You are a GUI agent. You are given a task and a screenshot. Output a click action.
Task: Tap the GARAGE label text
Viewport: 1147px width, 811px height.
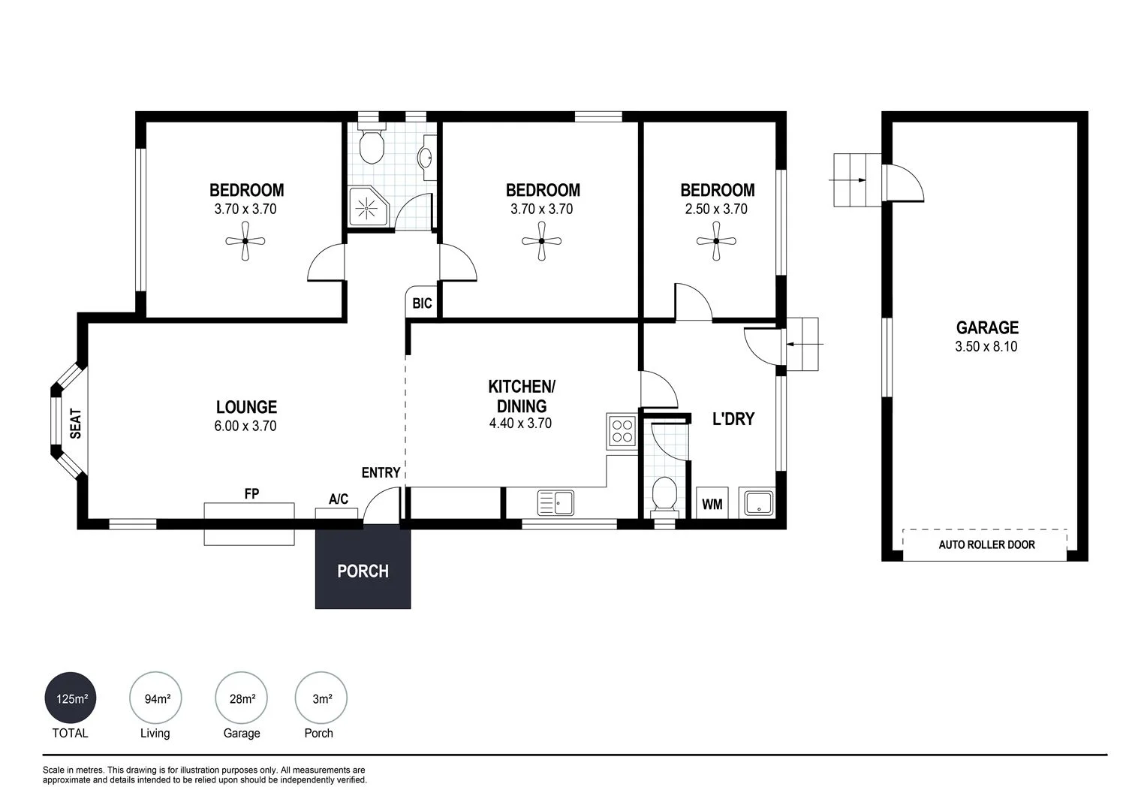[x=986, y=327]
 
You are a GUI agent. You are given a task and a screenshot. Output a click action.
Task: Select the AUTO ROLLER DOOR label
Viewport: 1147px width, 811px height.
[x=986, y=544]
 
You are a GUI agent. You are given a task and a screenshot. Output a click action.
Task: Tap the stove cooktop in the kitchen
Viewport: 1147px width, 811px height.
[x=622, y=431]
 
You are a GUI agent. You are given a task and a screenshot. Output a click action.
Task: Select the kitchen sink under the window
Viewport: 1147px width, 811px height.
[x=555, y=502]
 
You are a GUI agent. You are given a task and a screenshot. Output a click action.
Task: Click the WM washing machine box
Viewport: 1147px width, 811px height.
[x=712, y=504]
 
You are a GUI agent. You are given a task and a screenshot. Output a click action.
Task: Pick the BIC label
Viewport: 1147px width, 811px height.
[x=422, y=303]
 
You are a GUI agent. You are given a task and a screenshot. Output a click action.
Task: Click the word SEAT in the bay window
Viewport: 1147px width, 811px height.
[x=75, y=424]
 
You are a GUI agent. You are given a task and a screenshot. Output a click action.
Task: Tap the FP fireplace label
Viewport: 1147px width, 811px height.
[x=251, y=493]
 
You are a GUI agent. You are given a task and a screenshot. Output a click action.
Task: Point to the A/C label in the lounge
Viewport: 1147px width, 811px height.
[x=338, y=499]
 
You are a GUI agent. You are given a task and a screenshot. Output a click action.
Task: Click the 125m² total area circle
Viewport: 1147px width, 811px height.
[x=71, y=698]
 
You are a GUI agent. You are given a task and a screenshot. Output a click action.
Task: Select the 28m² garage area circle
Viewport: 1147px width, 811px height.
[x=241, y=698]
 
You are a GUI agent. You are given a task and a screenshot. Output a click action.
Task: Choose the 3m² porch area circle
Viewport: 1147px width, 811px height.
[x=321, y=698]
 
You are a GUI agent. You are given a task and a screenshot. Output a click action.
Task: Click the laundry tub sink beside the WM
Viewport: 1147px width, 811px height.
[x=758, y=503]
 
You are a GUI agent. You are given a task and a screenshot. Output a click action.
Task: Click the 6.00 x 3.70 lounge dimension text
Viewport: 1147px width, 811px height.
[x=245, y=426]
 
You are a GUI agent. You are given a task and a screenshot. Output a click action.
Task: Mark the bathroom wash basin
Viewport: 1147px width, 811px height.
[x=426, y=158]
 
